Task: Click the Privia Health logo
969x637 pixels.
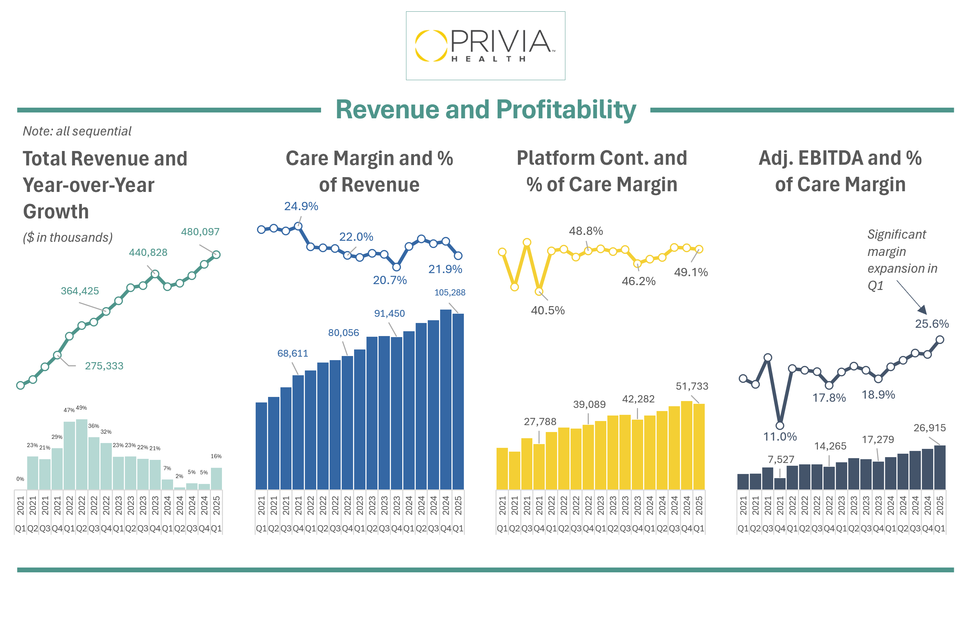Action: (x=485, y=46)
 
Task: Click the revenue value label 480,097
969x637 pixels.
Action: (x=200, y=231)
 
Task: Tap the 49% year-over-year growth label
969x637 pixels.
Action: (x=82, y=408)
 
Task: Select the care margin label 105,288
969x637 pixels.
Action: (x=449, y=292)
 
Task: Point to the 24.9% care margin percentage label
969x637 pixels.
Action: (x=301, y=206)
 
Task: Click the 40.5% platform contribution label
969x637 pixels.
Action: (x=547, y=310)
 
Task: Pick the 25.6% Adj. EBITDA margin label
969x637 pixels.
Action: (x=931, y=324)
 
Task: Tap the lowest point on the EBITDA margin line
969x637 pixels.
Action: (x=780, y=425)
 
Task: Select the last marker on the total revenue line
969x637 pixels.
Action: (x=216, y=255)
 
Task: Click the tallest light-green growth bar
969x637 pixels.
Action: (x=82, y=454)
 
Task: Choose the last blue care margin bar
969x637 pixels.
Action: (x=458, y=401)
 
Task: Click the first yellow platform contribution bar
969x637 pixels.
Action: (x=502, y=468)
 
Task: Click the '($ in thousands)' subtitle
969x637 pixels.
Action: (x=67, y=237)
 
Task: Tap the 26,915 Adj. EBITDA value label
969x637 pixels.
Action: (x=929, y=428)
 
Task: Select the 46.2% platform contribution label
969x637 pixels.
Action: (x=638, y=281)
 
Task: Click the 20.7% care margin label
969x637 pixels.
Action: (x=390, y=280)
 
